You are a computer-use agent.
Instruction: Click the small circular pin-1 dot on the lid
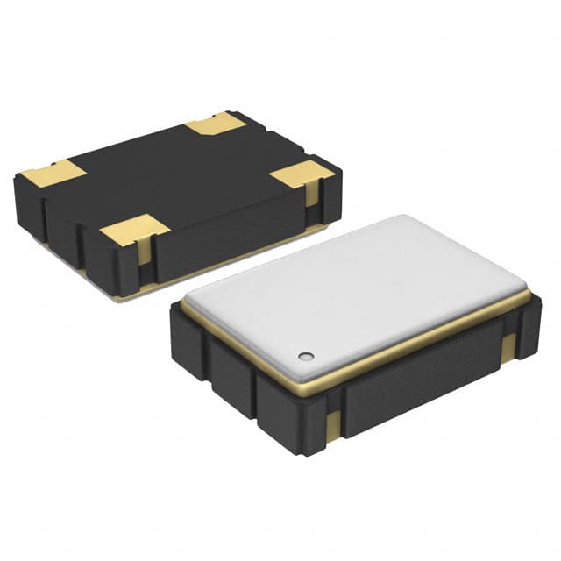(x=305, y=356)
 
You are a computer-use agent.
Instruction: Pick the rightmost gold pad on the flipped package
(x=302, y=174)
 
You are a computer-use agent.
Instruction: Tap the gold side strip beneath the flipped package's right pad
(x=311, y=195)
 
